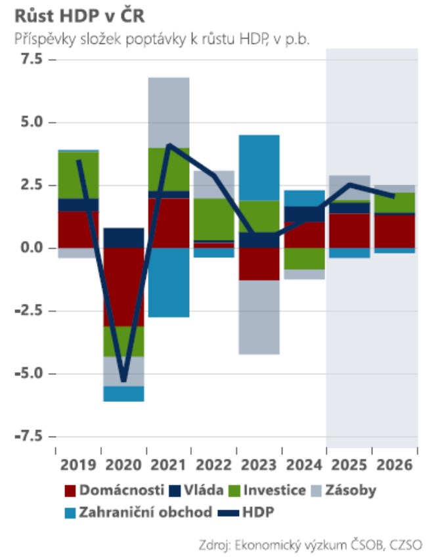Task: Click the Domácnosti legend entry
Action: [x=116, y=490]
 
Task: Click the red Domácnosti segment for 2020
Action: [x=123, y=287]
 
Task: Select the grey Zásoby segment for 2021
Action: [x=169, y=112]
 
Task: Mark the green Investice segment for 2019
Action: [x=78, y=175]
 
